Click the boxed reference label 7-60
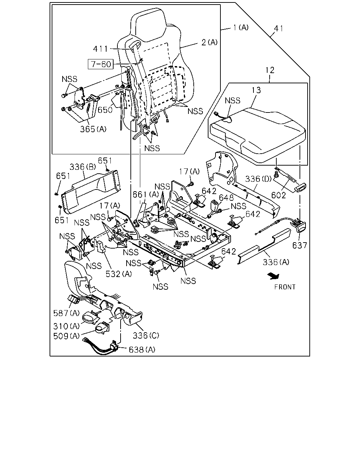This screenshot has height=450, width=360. point(101,64)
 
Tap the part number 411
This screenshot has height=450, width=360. point(101,49)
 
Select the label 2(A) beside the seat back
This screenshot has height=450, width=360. point(210,43)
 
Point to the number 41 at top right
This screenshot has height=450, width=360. point(278,28)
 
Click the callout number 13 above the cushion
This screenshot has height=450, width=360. point(256,90)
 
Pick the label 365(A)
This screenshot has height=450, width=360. point(93,129)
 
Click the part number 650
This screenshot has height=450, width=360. point(105,110)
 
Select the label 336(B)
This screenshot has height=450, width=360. point(83,167)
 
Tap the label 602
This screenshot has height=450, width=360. point(278,195)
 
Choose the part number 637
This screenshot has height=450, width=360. point(300,245)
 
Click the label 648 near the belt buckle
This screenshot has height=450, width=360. point(226,198)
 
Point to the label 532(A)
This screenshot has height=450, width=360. point(118,274)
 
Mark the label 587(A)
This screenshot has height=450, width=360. point(66,313)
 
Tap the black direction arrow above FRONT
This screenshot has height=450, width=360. point(274,276)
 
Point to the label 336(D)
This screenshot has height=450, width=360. point(258,179)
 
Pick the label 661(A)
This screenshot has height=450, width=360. point(146,195)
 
